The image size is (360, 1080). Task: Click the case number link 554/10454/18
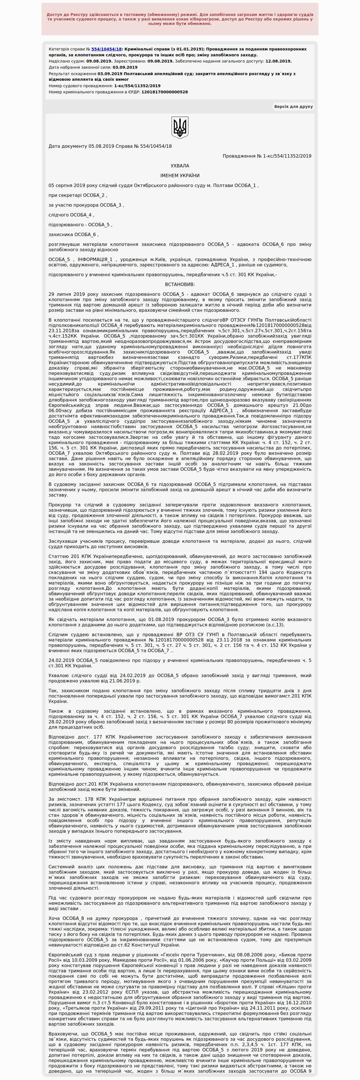point(107,49)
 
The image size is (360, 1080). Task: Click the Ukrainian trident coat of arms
point(180,128)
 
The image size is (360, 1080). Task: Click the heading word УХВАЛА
point(180,166)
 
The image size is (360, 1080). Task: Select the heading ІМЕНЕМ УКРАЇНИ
point(180,176)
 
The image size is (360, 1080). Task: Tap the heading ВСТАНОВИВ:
point(180,285)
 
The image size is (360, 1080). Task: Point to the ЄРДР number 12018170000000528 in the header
point(164,92)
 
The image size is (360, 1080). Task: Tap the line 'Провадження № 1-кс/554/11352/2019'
point(267,156)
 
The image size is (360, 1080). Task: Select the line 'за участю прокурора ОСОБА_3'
point(86,205)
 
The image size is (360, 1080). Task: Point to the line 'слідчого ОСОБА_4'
point(71,215)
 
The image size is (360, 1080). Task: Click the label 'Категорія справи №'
point(70,49)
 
